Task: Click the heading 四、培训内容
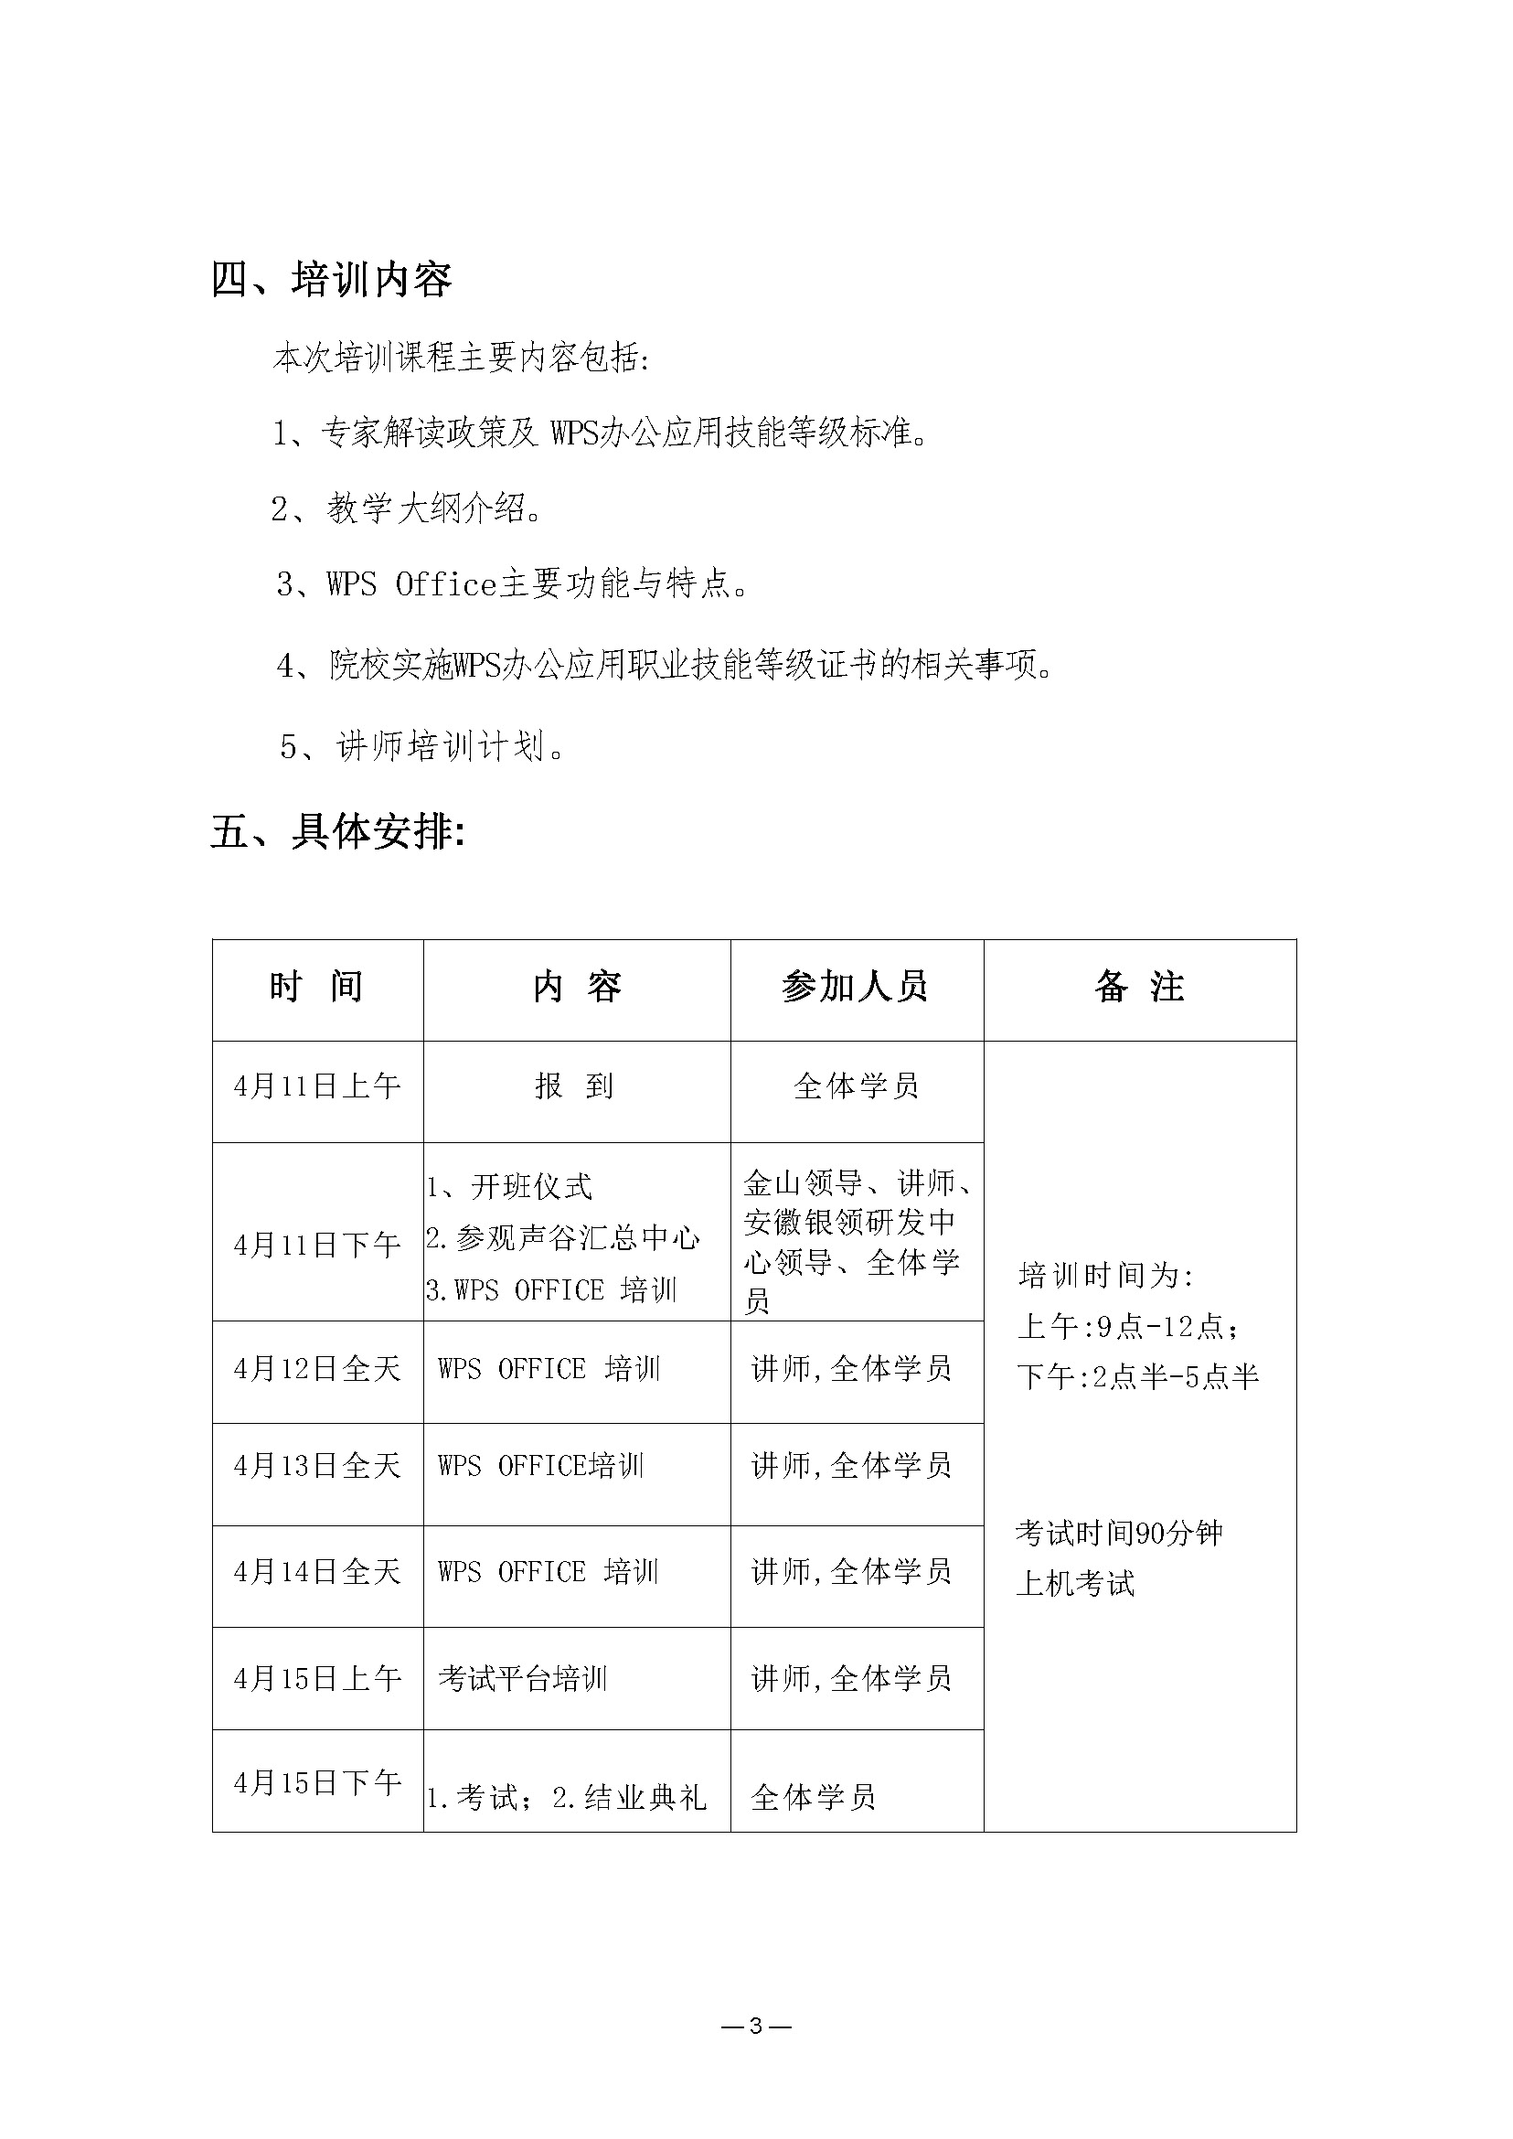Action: (332, 279)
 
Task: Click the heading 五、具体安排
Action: (336, 831)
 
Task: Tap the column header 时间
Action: (316, 987)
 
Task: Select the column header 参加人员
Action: (856, 987)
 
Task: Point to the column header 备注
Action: (1138, 987)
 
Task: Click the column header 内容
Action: (577, 987)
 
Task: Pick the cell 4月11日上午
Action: (316, 1086)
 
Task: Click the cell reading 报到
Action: (575, 1086)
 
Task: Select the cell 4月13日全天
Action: (316, 1466)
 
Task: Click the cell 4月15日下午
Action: (316, 1783)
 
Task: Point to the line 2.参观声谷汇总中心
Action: (563, 1237)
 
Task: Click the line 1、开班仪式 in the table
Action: (509, 1186)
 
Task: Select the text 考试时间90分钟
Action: (1118, 1533)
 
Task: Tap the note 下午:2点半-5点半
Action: (1137, 1376)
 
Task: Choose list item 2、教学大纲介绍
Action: (407, 508)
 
